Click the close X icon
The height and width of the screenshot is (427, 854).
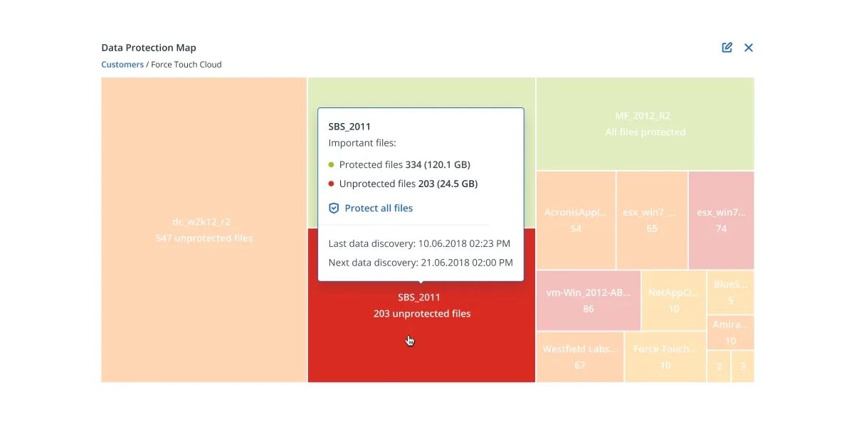749,48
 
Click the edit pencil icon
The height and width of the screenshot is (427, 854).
727,48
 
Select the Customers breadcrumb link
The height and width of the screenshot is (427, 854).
122,65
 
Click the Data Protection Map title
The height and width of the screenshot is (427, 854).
149,48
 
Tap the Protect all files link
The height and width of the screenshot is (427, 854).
378,209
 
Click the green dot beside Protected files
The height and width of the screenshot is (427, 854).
331,165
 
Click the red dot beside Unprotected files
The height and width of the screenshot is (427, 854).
331,184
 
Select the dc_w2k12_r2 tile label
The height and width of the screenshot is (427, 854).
204,222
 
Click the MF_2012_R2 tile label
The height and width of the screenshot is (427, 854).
645,116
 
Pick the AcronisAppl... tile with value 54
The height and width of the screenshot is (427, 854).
576,220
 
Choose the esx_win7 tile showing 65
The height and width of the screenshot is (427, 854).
652,220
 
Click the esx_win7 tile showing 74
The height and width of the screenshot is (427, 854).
721,220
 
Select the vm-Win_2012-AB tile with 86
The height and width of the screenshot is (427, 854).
588,300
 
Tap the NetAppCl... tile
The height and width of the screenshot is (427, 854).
673,300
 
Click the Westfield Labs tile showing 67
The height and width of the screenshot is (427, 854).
579,357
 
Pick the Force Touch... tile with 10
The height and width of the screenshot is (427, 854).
665,357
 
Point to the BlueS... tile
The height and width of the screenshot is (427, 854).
730,292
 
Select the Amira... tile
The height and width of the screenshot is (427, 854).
730,332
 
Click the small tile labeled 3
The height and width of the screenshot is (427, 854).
742,367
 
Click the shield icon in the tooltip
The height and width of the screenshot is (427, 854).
334,209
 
